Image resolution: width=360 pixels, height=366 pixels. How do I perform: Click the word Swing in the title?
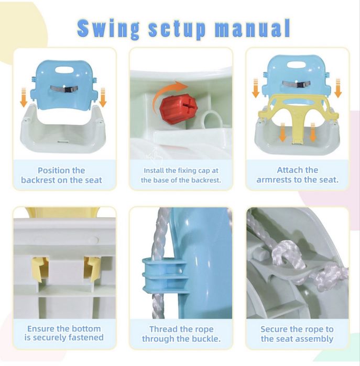108,29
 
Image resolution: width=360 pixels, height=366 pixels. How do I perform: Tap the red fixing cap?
179,106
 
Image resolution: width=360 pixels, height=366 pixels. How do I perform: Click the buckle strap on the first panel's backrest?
64,88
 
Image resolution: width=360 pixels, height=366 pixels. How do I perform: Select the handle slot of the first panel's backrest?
64,70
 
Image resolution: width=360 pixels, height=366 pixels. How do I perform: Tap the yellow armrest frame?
298,112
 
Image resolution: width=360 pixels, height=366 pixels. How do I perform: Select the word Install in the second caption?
154,171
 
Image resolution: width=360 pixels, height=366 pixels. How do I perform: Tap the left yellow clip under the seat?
40,268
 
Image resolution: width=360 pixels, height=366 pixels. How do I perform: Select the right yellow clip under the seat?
92,269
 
